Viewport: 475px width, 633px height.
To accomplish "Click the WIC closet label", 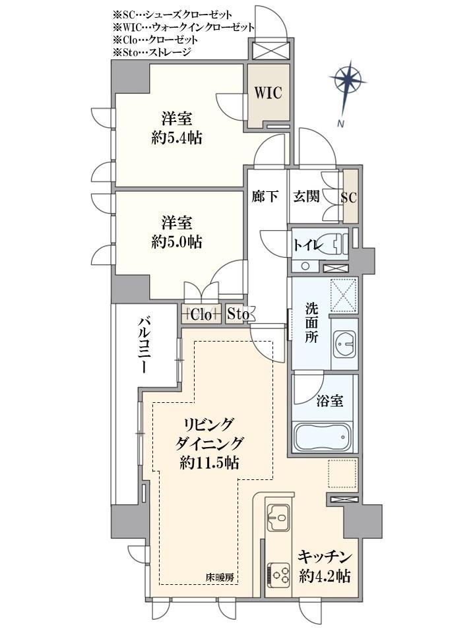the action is pyautogui.click(x=268, y=93).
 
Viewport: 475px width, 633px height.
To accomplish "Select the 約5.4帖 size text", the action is pyautogui.click(x=177, y=138).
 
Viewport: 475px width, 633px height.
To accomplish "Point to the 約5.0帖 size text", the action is pyautogui.click(x=177, y=242).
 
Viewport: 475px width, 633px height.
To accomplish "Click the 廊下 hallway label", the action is pyautogui.click(x=265, y=196).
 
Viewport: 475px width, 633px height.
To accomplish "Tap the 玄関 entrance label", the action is pyautogui.click(x=306, y=196).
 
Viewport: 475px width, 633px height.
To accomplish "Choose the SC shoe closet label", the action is pyautogui.click(x=348, y=197).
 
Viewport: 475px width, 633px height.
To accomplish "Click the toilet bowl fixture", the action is pyautogui.click(x=336, y=244).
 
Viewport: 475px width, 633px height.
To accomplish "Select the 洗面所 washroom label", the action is pyautogui.click(x=311, y=323).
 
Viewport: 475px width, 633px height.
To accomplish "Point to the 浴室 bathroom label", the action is pyautogui.click(x=330, y=401).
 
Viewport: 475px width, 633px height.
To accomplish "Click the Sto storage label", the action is pyautogui.click(x=237, y=314).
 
